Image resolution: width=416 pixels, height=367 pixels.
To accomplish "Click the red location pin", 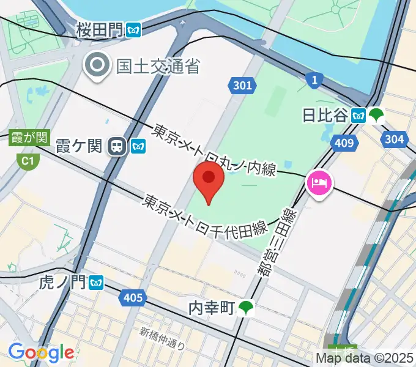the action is click(208, 181).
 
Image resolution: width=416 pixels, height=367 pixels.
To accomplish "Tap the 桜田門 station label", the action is click(100, 29).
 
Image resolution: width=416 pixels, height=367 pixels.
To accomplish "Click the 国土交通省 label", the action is click(158, 65).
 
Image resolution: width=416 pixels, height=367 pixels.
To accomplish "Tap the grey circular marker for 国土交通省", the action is click(97, 65).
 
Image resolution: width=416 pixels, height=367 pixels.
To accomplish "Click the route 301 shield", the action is click(242, 85).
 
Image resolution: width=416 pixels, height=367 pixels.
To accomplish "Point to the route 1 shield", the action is click(314, 79).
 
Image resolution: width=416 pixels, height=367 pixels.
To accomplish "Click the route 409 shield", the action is click(344, 143).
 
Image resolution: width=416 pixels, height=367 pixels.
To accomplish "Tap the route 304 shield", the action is click(394, 139).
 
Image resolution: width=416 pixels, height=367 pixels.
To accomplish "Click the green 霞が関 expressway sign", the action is click(29, 138).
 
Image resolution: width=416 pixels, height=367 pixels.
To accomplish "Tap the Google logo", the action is click(40, 352).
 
